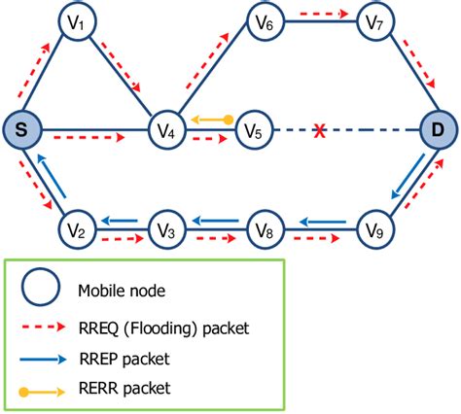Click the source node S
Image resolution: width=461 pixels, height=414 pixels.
(20, 129)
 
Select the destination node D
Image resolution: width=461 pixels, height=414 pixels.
(440, 129)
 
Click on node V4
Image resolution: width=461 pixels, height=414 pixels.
(165, 129)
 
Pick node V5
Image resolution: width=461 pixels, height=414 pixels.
(255, 129)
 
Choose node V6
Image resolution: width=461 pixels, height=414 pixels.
(266, 21)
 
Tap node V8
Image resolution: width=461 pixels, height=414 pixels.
(266, 230)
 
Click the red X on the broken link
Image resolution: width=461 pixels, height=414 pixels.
(318, 129)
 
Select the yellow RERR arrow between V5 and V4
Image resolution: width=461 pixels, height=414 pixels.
(210, 120)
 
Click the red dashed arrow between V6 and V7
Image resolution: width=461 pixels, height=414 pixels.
(320, 13)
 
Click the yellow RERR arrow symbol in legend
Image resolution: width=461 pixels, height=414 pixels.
(42, 388)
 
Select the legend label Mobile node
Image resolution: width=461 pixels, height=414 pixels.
(123, 290)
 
